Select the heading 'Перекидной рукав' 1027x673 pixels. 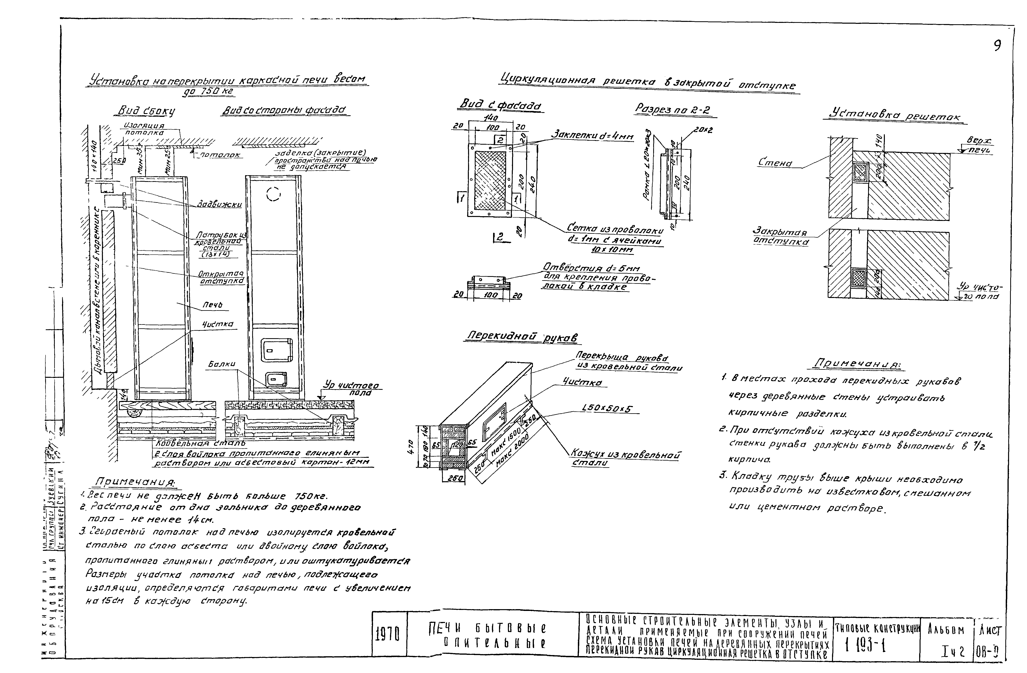522,337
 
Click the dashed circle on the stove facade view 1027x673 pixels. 274,195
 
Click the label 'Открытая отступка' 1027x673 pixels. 221,277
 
